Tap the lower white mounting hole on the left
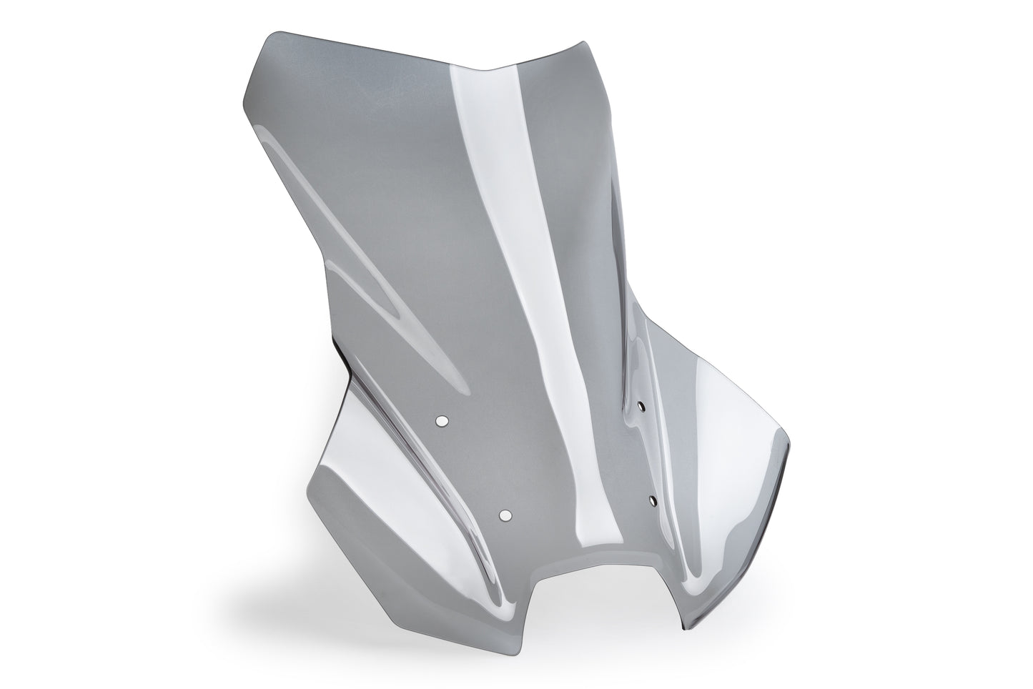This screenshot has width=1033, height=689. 506,515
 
